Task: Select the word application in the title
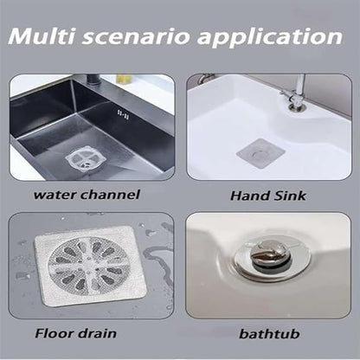click(x=274, y=39)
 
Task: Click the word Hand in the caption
click(x=248, y=195)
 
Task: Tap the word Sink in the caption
click(x=290, y=195)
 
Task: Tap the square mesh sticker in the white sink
click(x=260, y=151)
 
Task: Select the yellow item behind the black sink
click(x=124, y=78)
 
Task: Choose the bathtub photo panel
click(x=269, y=264)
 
